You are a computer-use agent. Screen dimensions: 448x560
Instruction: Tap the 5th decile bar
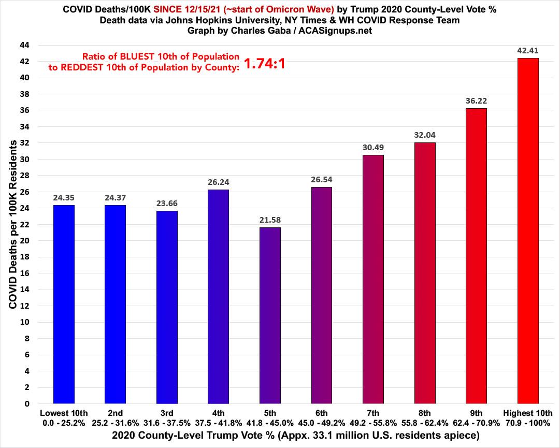[x=270, y=315]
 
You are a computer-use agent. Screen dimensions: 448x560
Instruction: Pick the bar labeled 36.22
[x=476, y=256]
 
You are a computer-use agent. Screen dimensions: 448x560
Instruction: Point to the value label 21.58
[x=270, y=220]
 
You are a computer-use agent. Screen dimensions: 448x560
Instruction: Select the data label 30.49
[x=374, y=148]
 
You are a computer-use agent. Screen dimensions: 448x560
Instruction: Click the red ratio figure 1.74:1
[x=265, y=64]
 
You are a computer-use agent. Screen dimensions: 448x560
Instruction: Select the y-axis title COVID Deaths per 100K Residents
[x=12, y=224]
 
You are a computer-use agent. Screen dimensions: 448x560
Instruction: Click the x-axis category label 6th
[x=322, y=413]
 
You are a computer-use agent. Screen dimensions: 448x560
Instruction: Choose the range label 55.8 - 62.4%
[x=425, y=422]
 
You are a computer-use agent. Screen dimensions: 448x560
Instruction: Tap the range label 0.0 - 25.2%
[x=64, y=422]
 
